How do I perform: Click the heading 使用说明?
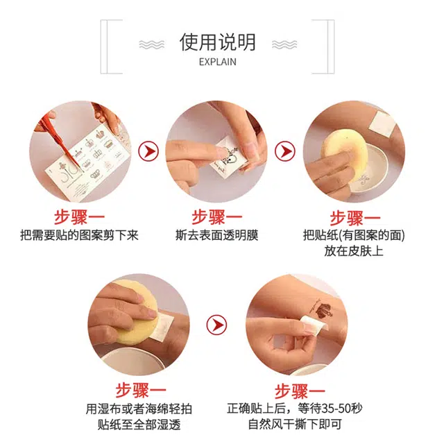(217, 42)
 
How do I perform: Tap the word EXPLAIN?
(217, 62)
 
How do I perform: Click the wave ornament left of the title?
(151, 44)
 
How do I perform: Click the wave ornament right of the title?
(284, 44)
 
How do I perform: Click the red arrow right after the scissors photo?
(148, 151)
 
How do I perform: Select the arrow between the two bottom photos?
(216, 324)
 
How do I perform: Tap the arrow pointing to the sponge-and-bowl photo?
(285, 151)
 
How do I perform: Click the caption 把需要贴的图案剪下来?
(79, 235)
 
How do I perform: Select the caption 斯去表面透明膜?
(216, 235)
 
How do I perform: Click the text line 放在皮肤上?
(354, 251)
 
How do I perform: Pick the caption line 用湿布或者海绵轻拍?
(139, 409)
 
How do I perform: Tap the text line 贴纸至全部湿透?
(139, 425)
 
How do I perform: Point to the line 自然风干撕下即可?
(294, 424)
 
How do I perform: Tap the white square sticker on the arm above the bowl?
(383, 123)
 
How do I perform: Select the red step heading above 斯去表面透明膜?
(216, 217)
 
